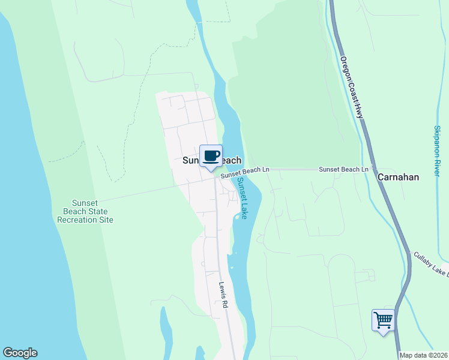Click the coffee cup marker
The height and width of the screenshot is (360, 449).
211,157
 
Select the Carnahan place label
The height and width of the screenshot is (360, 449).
398,177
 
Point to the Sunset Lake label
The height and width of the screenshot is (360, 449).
242,198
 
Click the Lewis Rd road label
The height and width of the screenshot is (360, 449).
223,295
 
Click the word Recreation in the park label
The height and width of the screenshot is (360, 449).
77,220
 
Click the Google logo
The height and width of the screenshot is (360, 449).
20,353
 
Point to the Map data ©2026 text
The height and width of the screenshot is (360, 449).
423,355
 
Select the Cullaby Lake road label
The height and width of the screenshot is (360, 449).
431,264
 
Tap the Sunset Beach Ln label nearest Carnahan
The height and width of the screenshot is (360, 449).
343,170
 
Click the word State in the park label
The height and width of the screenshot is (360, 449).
97,211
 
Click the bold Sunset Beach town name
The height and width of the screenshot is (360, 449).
212,161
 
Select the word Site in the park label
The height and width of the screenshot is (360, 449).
106,220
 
